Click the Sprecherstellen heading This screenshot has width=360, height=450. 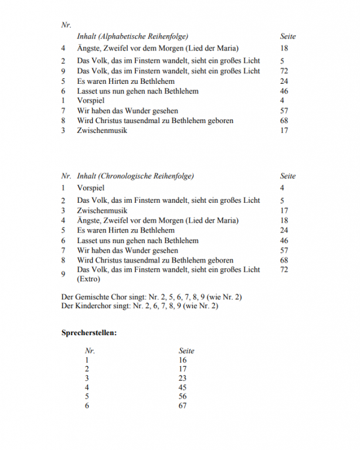tap(89, 333)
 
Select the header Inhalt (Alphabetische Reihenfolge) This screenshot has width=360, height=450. tap(133, 36)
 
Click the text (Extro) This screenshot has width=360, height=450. tap(89, 279)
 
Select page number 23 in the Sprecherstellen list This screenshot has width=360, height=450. tap(182, 378)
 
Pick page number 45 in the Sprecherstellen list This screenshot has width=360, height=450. tap(182, 387)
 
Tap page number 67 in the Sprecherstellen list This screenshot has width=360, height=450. tap(182, 405)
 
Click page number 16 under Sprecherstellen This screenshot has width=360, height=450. tap(182, 360)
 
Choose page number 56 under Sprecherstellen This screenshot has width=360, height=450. tap(182, 396)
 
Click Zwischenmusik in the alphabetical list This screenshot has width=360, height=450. tap(102, 130)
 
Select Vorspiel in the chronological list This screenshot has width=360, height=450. tap(91, 188)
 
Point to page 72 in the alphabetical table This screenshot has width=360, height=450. tap(284, 71)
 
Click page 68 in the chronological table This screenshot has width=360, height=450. tap(284, 260)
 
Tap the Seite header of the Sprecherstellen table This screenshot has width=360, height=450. tap(186, 350)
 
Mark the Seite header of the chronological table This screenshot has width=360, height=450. tap(288, 176)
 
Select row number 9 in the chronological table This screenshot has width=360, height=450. tap(63, 274)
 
